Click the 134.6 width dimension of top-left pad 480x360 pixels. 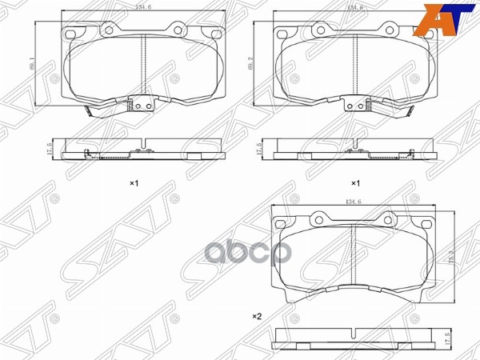[x=143, y=7]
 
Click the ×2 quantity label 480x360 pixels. [x=257, y=317]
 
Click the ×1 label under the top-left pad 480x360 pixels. [x=134, y=183]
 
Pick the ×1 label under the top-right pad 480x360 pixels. [x=355, y=183]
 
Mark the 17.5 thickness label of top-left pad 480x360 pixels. [x=47, y=150]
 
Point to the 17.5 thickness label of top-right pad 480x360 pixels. [x=259, y=150]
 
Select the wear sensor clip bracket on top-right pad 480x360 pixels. [x=355, y=105]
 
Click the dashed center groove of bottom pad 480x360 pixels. [x=353, y=256]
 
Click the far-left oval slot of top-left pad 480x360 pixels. [x=71, y=34]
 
